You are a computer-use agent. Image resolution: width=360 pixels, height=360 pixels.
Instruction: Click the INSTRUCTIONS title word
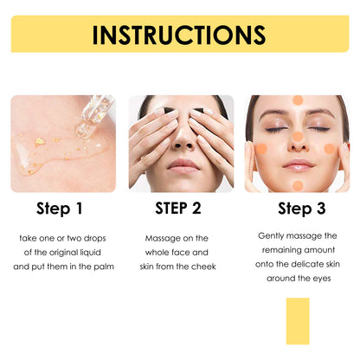pos(179,35)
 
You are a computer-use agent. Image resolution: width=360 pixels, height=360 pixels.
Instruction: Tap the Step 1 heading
pos(60,209)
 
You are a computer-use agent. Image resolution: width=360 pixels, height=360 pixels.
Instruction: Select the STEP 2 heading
pos(178,208)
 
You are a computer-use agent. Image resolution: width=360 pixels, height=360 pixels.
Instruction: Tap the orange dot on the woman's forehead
pos(298,100)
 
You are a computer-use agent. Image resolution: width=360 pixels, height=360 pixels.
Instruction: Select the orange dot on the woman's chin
pos(298,183)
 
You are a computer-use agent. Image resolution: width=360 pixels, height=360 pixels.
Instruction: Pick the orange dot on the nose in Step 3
pos(298,137)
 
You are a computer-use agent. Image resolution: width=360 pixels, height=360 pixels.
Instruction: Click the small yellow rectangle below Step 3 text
pos(297,321)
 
